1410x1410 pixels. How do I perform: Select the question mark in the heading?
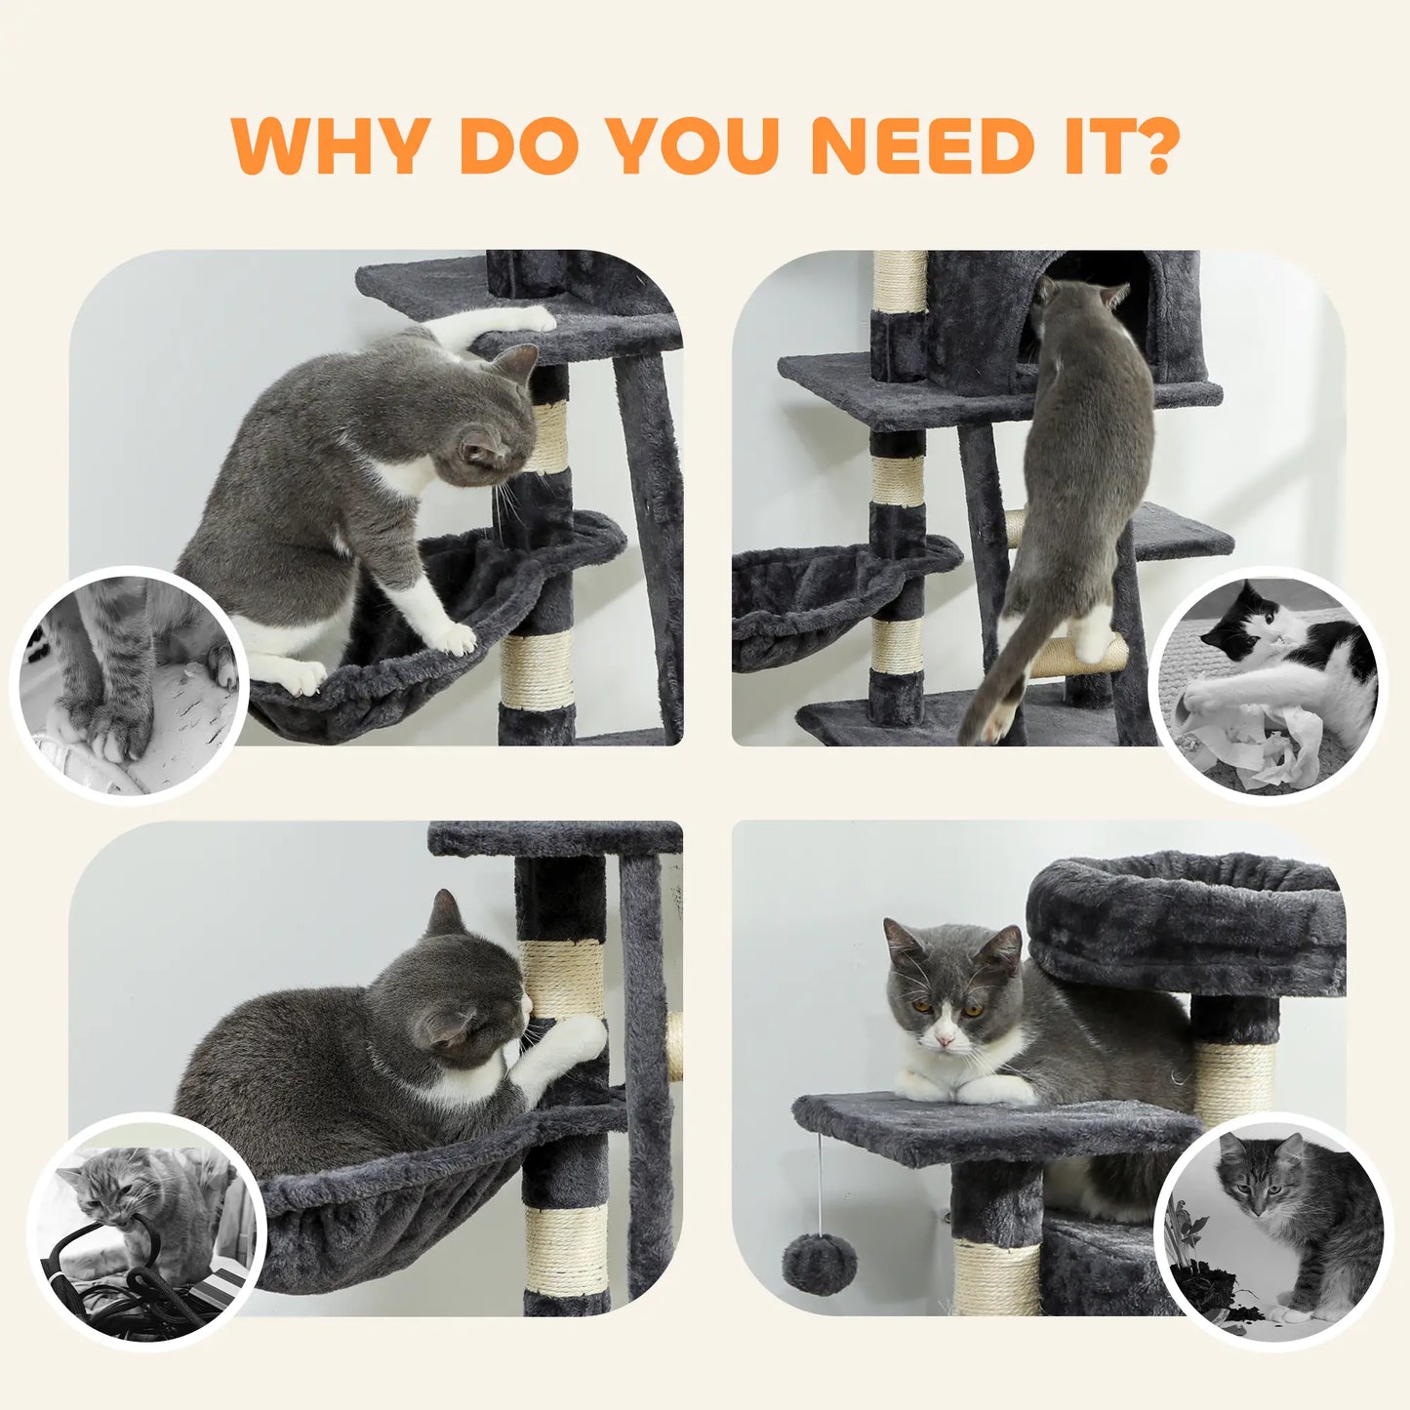click(x=1151, y=146)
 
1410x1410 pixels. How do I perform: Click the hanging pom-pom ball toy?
click(x=819, y=1264)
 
